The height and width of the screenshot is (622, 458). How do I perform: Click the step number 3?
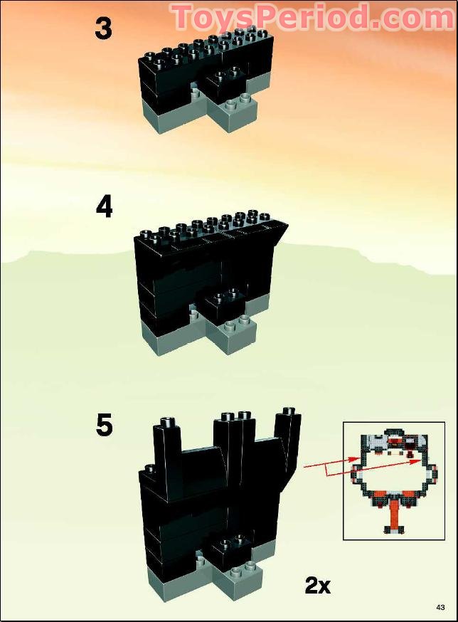(104, 28)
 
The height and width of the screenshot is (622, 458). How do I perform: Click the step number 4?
(105, 207)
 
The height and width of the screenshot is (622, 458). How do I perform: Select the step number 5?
(105, 425)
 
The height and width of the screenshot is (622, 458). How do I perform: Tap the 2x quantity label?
(318, 586)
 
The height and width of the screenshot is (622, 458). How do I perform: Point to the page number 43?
(441, 607)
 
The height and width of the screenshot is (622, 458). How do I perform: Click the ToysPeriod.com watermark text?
(312, 16)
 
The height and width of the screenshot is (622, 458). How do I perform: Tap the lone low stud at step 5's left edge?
(151, 470)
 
